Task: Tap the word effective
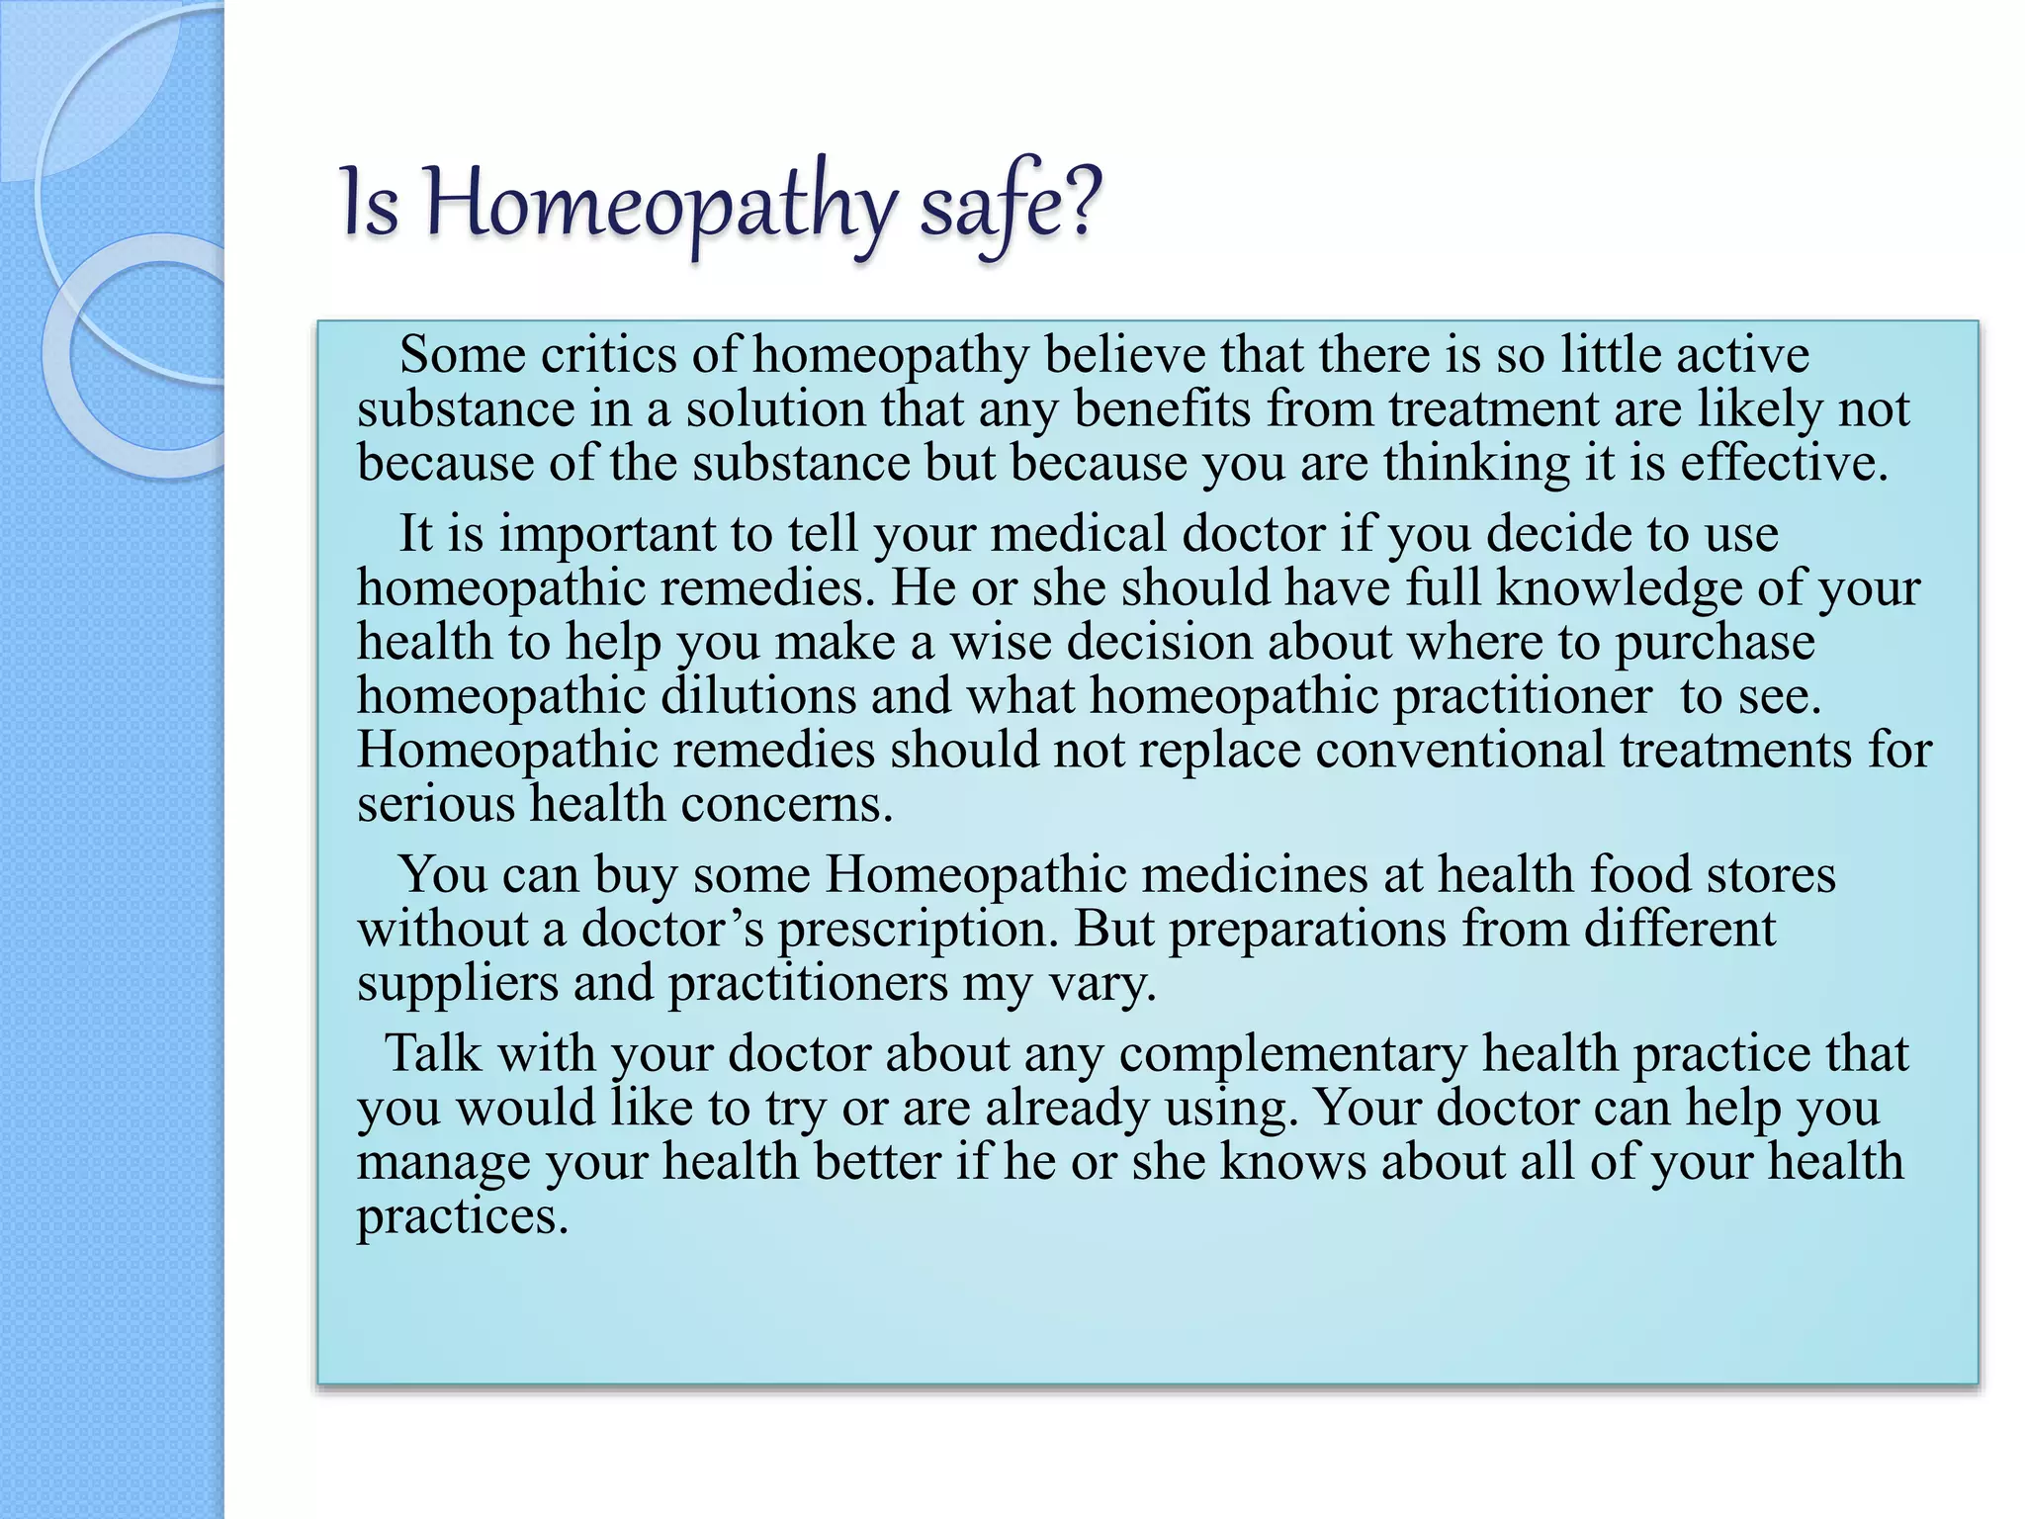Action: [x=1784, y=463]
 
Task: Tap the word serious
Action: [x=436, y=804]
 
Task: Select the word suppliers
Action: [x=457, y=984]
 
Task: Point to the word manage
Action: [x=443, y=1163]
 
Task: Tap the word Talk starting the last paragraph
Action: [x=433, y=1054]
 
